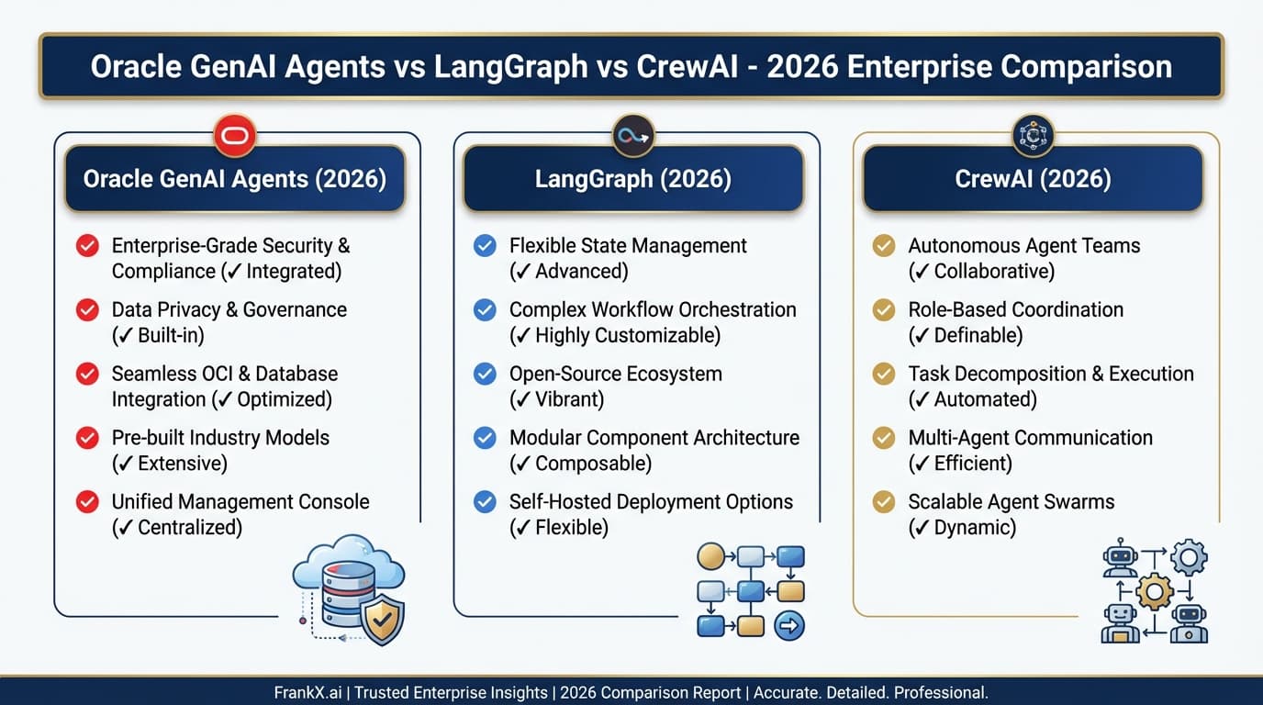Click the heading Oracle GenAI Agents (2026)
(234, 178)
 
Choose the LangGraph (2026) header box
(633, 178)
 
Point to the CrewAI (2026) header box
(1033, 178)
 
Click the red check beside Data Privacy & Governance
(87, 310)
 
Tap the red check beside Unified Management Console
(87, 502)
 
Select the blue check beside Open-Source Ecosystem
(485, 374)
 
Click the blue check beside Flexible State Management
(485, 246)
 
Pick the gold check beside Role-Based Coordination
(883, 310)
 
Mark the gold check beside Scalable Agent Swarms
(883, 502)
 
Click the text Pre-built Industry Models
(220, 438)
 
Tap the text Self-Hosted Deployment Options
(651, 502)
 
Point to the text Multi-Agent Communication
(1030, 438)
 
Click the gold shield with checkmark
(382, 621)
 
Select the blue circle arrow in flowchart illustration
(789, 626)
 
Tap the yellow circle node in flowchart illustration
(710, 556)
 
